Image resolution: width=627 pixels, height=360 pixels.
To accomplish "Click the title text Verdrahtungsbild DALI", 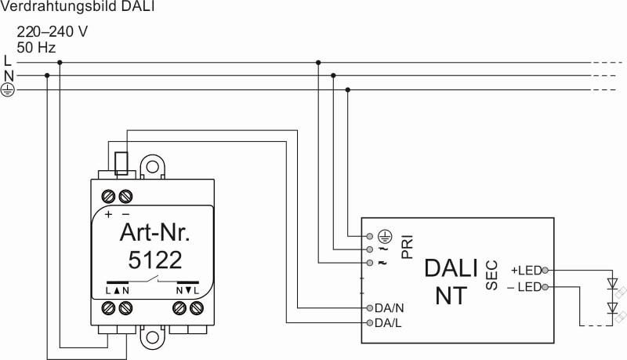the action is (77, 6).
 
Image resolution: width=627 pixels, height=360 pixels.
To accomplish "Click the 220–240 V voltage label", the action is (52, 31).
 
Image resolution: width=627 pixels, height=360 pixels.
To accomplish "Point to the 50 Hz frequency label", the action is (36, 48).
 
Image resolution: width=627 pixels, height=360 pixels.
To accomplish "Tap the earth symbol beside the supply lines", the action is (7, 90).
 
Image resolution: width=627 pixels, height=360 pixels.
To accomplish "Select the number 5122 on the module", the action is (155, 260).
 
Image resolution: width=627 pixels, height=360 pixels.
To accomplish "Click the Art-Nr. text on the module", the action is (154, 232).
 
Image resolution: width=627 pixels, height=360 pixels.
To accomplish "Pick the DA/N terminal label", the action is (389, 308).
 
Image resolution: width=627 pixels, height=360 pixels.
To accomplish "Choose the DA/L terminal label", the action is (388, 323).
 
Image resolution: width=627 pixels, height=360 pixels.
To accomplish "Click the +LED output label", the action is (526, 271).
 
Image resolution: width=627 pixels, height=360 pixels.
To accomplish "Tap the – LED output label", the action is (524, 287).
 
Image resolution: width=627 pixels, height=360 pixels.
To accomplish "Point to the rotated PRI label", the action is (407, 247).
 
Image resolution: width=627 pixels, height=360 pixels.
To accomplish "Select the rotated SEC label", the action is (492, 275).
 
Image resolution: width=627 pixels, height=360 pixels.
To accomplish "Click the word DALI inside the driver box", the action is (451, 268).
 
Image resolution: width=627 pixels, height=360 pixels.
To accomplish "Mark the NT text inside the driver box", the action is (451, 296).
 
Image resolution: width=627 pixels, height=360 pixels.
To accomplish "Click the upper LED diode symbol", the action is (612, 284).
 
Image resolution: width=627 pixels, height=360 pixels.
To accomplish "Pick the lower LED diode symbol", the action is (612, 307).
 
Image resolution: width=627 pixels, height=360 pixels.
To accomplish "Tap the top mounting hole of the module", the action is (152, 167).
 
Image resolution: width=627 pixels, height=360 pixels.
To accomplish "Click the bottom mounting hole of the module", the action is (152, 337).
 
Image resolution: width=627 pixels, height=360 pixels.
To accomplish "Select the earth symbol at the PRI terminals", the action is (385, 236).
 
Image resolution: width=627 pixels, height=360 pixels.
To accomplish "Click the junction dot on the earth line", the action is (347, 90).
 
